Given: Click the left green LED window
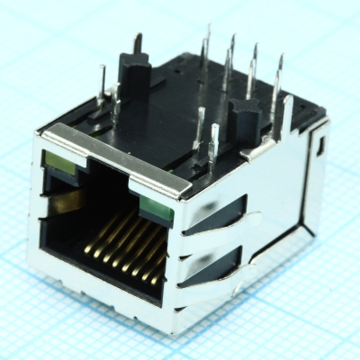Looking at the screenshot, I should [x=59, y=163].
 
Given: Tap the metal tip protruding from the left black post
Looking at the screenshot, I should [x=138, y=42].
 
